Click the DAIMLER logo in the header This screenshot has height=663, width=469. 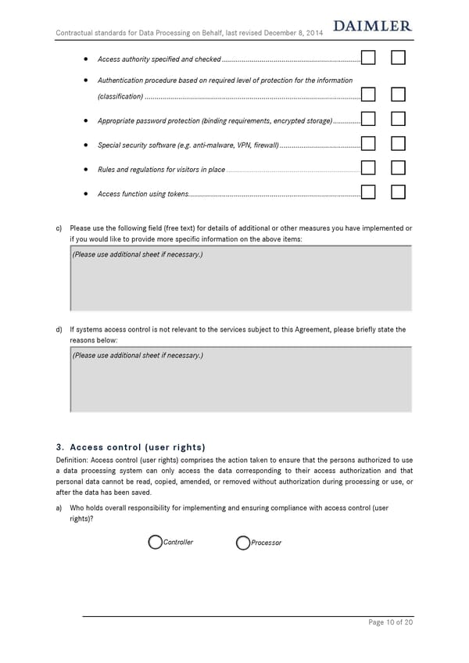[372, 27]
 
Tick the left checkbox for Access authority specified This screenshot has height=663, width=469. [369, 58]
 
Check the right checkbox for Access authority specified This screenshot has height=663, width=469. [398, 58]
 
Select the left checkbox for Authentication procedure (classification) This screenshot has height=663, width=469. [369, 95]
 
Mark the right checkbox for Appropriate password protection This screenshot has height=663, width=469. [398, 120]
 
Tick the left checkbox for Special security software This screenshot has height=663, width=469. [369, 144]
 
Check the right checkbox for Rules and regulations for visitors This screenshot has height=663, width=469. [398, 168]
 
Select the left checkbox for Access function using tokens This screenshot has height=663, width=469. [369, 192]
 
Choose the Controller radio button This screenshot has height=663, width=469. [156, 543]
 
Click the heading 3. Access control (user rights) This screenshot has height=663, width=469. [131, 448]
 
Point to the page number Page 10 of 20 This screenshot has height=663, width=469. [390, 622]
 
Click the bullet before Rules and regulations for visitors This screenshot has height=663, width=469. [84, 170]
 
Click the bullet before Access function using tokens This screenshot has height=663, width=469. [84, 194]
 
